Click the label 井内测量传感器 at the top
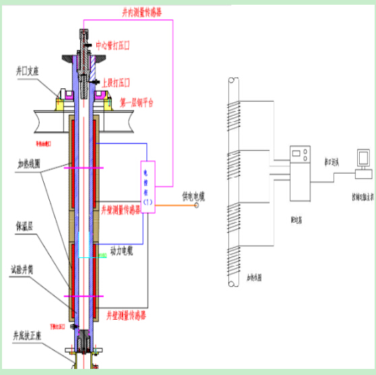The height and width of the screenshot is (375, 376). [x=140, y=12]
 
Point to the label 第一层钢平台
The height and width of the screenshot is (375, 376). [x=137, y=103]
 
